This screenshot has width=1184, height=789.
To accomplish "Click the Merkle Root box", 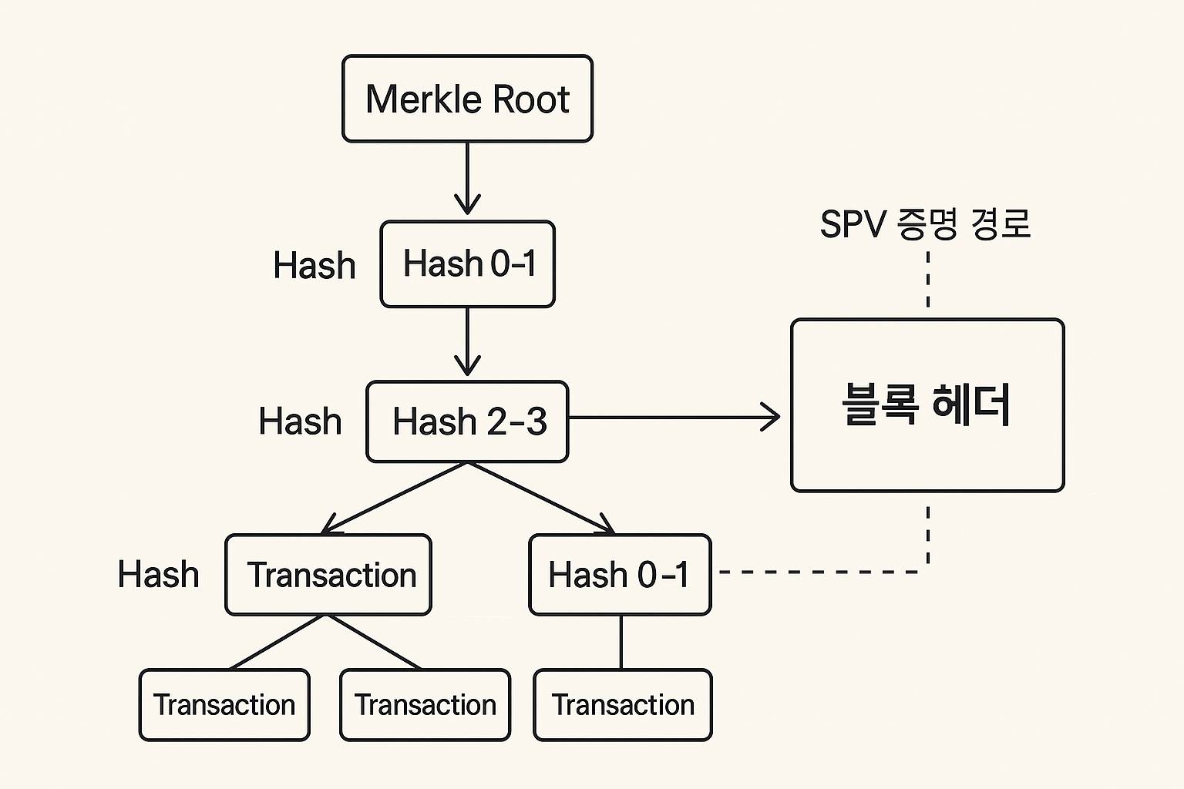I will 467,99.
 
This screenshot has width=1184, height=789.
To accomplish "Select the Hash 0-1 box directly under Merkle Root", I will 467,264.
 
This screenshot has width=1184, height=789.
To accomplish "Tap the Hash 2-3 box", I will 467,421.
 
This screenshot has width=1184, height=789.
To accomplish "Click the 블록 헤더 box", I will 927,405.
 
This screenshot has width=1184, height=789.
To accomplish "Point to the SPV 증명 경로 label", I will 925,224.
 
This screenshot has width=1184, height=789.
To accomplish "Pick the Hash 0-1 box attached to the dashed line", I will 620,575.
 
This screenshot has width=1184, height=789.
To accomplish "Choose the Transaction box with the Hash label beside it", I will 328,575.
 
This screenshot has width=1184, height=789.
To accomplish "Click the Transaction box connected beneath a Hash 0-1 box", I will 623,705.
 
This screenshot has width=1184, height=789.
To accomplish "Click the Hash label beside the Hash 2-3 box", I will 300,421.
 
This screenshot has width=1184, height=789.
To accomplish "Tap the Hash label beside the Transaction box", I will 158,575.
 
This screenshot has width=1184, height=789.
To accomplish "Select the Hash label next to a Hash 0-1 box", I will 314,266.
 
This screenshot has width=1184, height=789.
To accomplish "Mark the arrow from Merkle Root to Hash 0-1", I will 467,179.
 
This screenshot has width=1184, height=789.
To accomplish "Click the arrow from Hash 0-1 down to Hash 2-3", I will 467,341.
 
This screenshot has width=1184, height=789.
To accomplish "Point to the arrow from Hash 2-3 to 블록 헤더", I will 671,418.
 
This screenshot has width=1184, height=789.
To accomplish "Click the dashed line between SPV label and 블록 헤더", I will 927,280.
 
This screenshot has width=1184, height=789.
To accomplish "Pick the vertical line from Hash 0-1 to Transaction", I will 621,642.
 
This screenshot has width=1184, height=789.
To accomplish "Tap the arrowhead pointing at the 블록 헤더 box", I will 772,418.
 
